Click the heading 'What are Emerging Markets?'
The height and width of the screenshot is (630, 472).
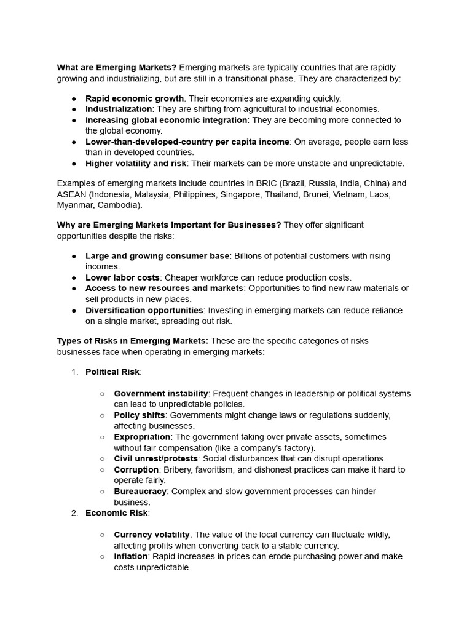117,68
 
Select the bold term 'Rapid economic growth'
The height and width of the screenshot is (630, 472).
135,98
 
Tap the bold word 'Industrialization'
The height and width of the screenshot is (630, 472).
119,109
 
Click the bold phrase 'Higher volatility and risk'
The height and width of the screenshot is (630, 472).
136,164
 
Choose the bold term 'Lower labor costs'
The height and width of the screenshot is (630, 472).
122,277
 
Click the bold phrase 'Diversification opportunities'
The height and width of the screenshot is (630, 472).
144,311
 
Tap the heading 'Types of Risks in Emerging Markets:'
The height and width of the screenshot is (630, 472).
133,341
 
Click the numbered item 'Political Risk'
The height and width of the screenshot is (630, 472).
112,372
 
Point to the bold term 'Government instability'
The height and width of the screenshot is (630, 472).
161,394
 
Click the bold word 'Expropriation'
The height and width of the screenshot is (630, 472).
142,437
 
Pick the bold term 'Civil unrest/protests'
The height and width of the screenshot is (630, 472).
155,459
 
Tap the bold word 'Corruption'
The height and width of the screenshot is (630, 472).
136,469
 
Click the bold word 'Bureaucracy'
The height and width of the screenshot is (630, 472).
140,492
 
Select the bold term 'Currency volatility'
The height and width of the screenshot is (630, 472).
152,535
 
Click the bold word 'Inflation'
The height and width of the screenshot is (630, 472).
130,556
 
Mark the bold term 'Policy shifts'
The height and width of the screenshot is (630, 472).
139,415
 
